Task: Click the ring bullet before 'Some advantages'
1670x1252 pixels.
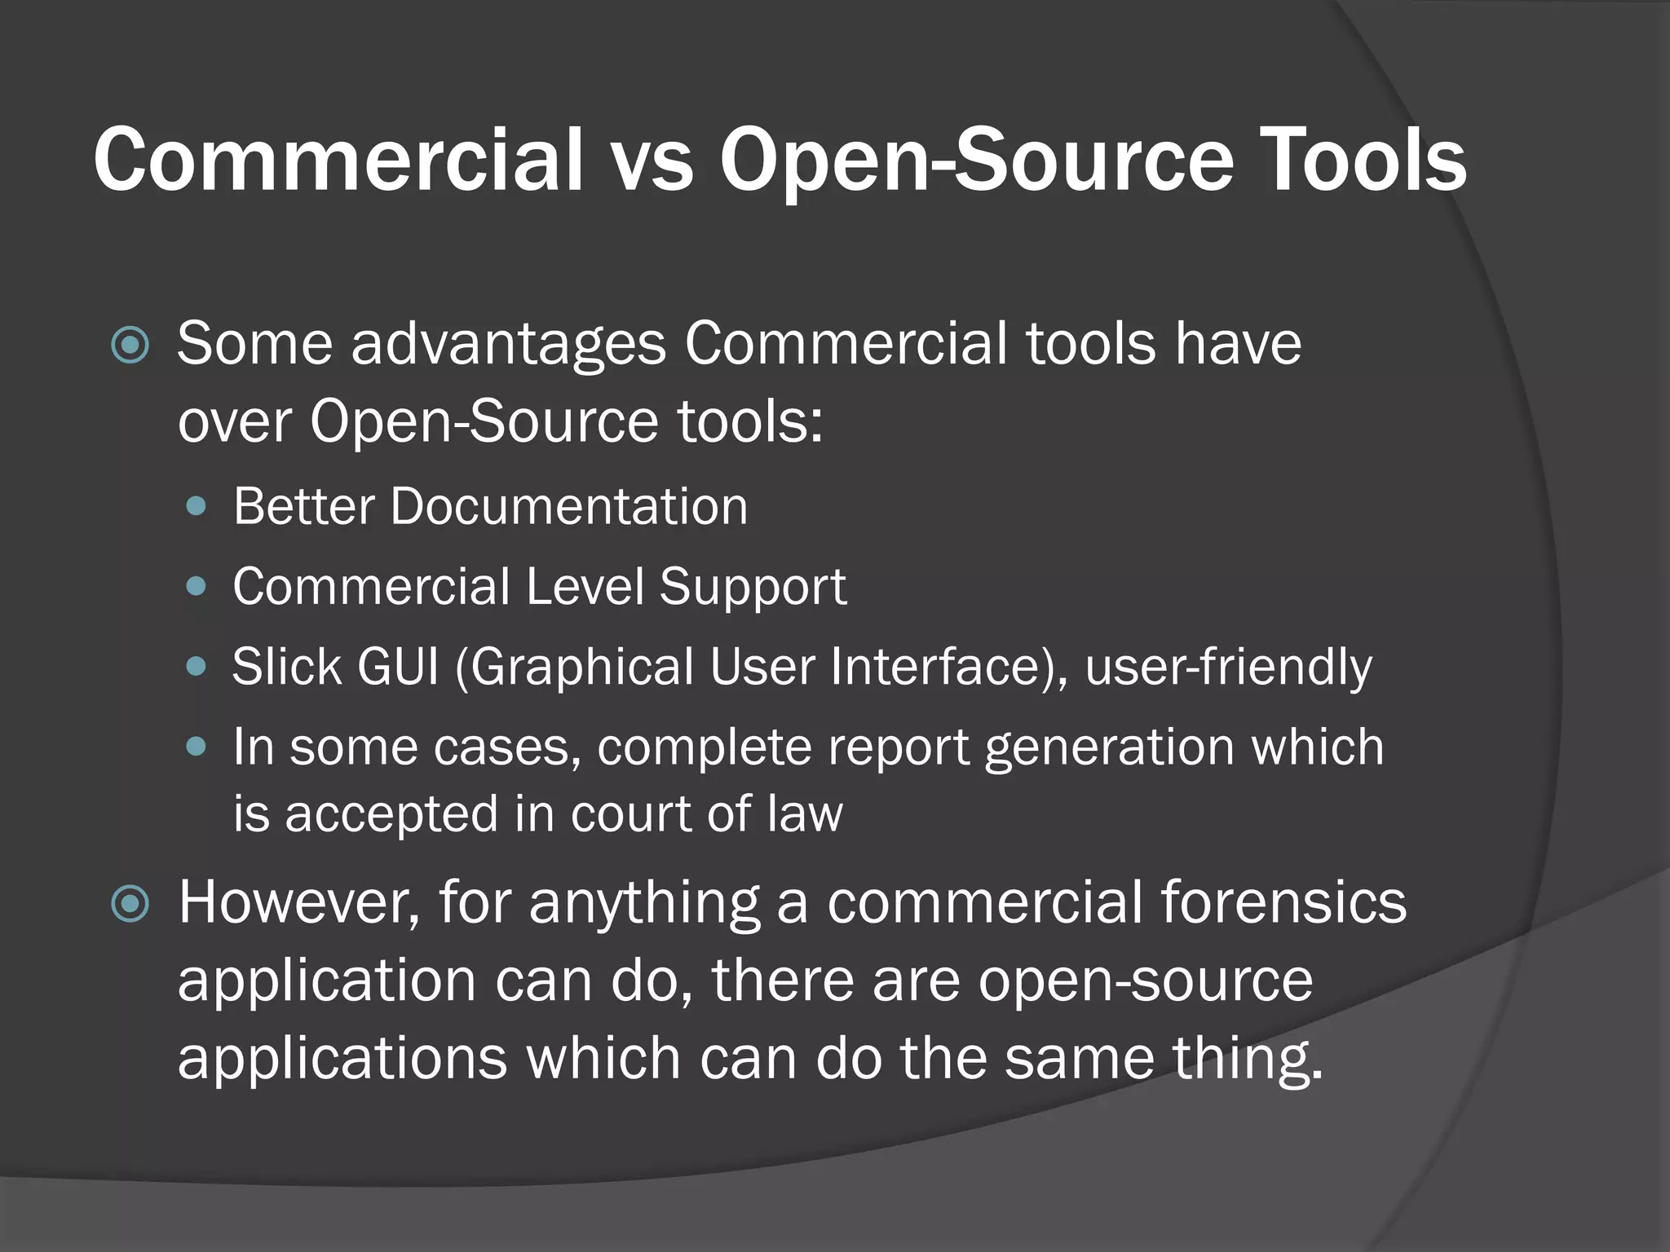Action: coord(130,345)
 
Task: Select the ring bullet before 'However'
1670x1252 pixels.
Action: coord(130,903)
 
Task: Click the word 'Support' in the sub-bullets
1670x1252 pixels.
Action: coord(753,587)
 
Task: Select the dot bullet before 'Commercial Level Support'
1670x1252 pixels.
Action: coord(197,586)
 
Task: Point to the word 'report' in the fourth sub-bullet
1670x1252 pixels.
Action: coord(898,747)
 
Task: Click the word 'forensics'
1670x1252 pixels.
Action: coord(1283,902)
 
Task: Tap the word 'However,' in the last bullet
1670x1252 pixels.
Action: coord(299,902)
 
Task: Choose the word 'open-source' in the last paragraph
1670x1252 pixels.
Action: coord(1145,981)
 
